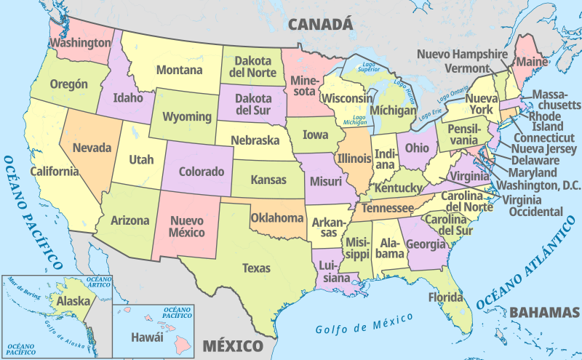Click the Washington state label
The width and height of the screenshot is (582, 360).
pyautogui.click(x=81, y=43)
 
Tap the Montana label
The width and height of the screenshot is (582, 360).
pyautogui.click(x=178, y=71)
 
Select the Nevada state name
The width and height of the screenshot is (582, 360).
pyautogui.click(x=92, y=148)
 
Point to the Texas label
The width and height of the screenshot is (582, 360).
pyautogui.click(x=256, y=268)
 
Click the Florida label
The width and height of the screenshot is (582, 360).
pyautogui.click(x=445, y=297)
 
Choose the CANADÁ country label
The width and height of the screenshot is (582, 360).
pyautogui.click(x=321, y=25)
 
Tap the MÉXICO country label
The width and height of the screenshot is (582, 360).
pyautogui.click(x=232, y=345)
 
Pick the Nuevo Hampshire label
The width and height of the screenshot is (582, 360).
pyautogui.click(x=462, y=54)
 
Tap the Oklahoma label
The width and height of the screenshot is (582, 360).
pyautogui.click(x=277, y=217)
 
